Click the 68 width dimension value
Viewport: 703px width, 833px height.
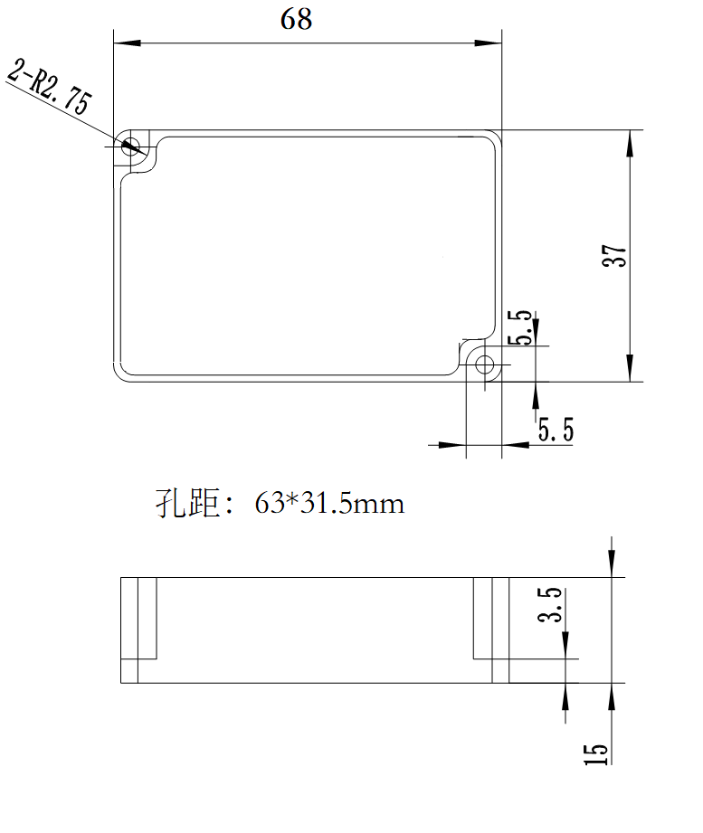[296, 19]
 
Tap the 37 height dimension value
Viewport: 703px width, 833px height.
[614, 256]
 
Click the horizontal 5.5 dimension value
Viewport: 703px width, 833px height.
[556, 429]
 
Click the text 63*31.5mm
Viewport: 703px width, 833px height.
[329, 503]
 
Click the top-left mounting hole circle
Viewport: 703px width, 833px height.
[132, 145]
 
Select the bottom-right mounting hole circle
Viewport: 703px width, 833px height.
[485, 365]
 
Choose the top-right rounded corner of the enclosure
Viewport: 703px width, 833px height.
[496, 136]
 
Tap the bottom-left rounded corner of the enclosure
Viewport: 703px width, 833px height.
[119, 375]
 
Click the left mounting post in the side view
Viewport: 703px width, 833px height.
[138, 619]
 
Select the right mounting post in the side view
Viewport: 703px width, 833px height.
[491, 619]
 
